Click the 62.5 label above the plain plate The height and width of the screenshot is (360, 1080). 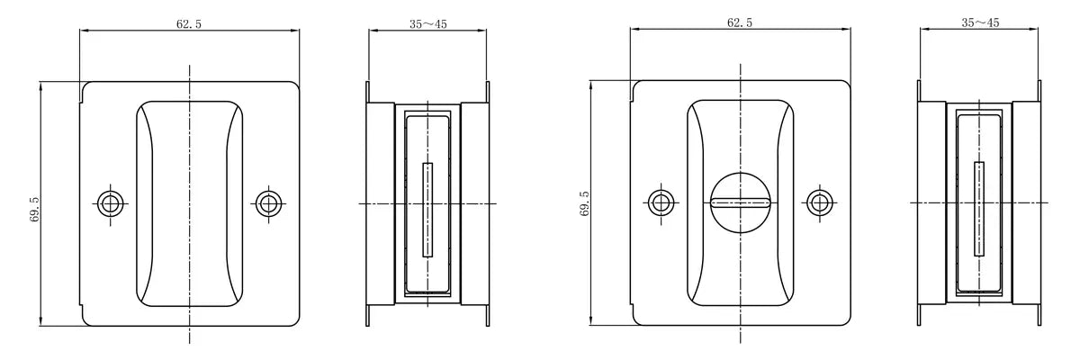click(188, 23)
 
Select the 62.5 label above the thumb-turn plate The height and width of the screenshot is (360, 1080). click(740, 22)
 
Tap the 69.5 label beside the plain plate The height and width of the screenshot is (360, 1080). click(34, 209)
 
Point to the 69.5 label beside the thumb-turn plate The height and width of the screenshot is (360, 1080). click(585, 203)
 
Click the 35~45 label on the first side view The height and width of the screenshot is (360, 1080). click(428, 24)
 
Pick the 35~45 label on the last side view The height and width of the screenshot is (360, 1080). click(980, 22)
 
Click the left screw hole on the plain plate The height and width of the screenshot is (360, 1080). click(111, 204)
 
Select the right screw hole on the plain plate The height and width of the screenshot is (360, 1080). click(268, 203)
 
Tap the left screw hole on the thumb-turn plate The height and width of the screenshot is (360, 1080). click(661, 202)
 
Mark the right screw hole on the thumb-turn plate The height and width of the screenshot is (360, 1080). click(819, 202)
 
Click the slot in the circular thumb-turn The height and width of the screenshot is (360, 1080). click(740, 202)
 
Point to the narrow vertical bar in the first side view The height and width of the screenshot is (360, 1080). click(427, 210)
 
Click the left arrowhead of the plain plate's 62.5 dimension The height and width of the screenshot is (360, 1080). click(85, 31)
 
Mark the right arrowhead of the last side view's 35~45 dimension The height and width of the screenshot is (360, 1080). click(1031, 30)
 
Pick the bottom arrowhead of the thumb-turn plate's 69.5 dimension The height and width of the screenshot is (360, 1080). click(591, 319)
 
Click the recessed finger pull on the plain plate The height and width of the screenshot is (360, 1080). click(190, 204)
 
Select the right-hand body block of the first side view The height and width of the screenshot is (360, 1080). click(475, 204)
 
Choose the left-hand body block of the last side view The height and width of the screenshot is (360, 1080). click(931, 202)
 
